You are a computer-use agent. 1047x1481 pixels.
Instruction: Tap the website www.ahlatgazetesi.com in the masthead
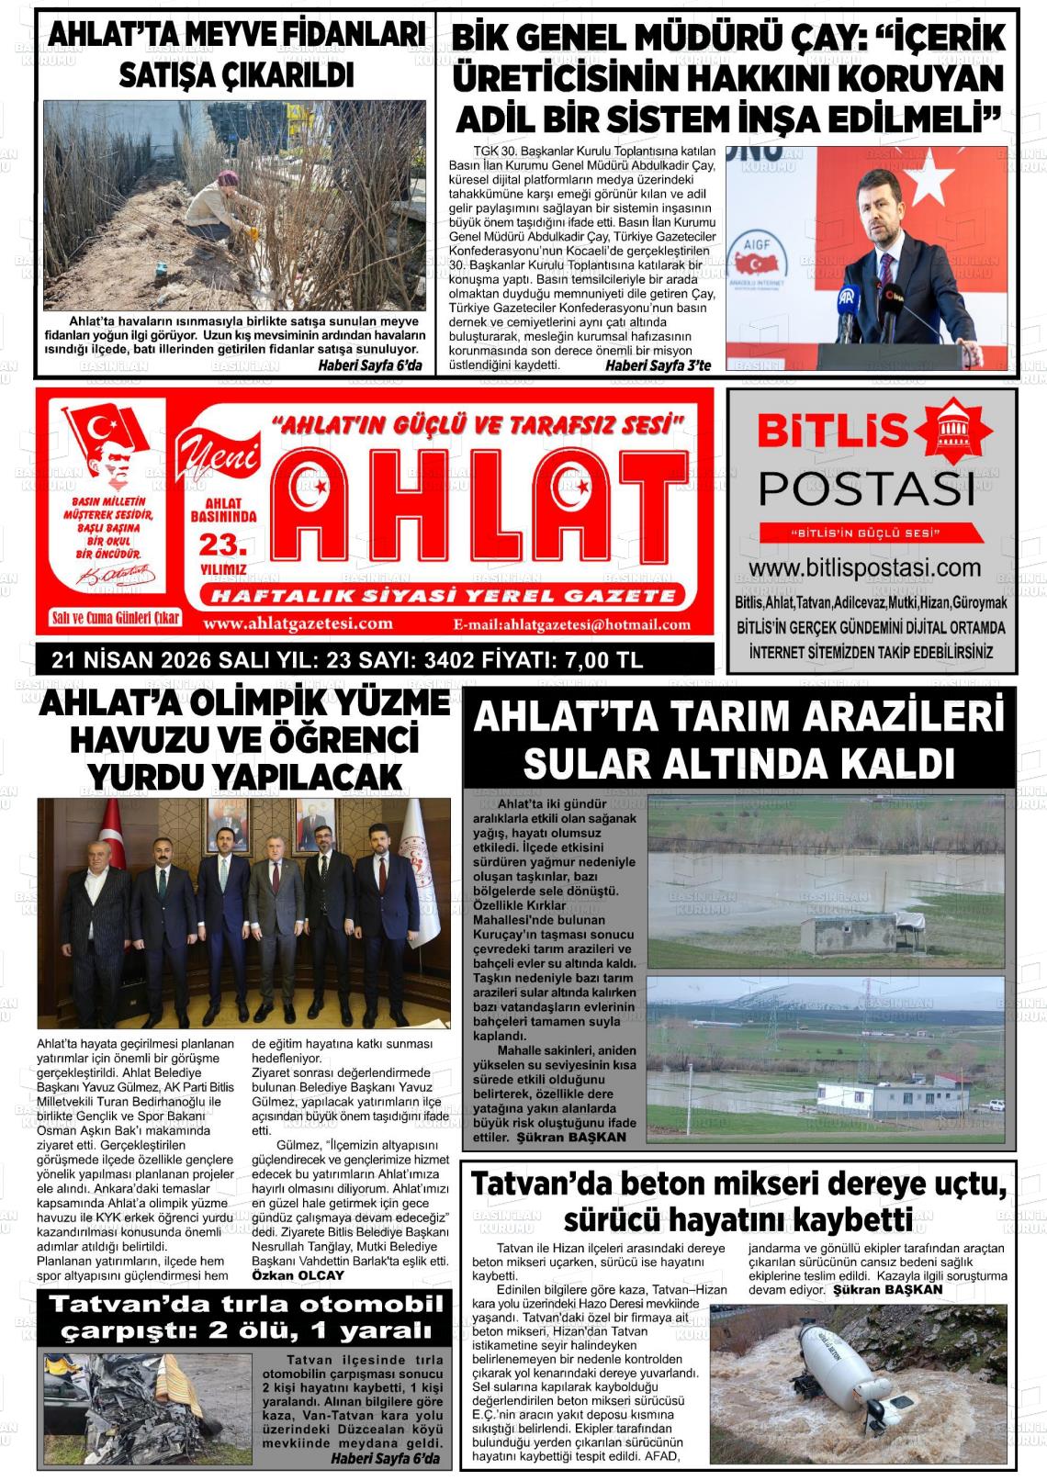[x=298, y=624]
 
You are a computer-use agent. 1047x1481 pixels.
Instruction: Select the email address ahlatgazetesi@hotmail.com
[x=572, y=625]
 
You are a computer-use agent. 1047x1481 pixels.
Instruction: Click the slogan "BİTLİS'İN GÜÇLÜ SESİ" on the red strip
[x=870, y=533]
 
